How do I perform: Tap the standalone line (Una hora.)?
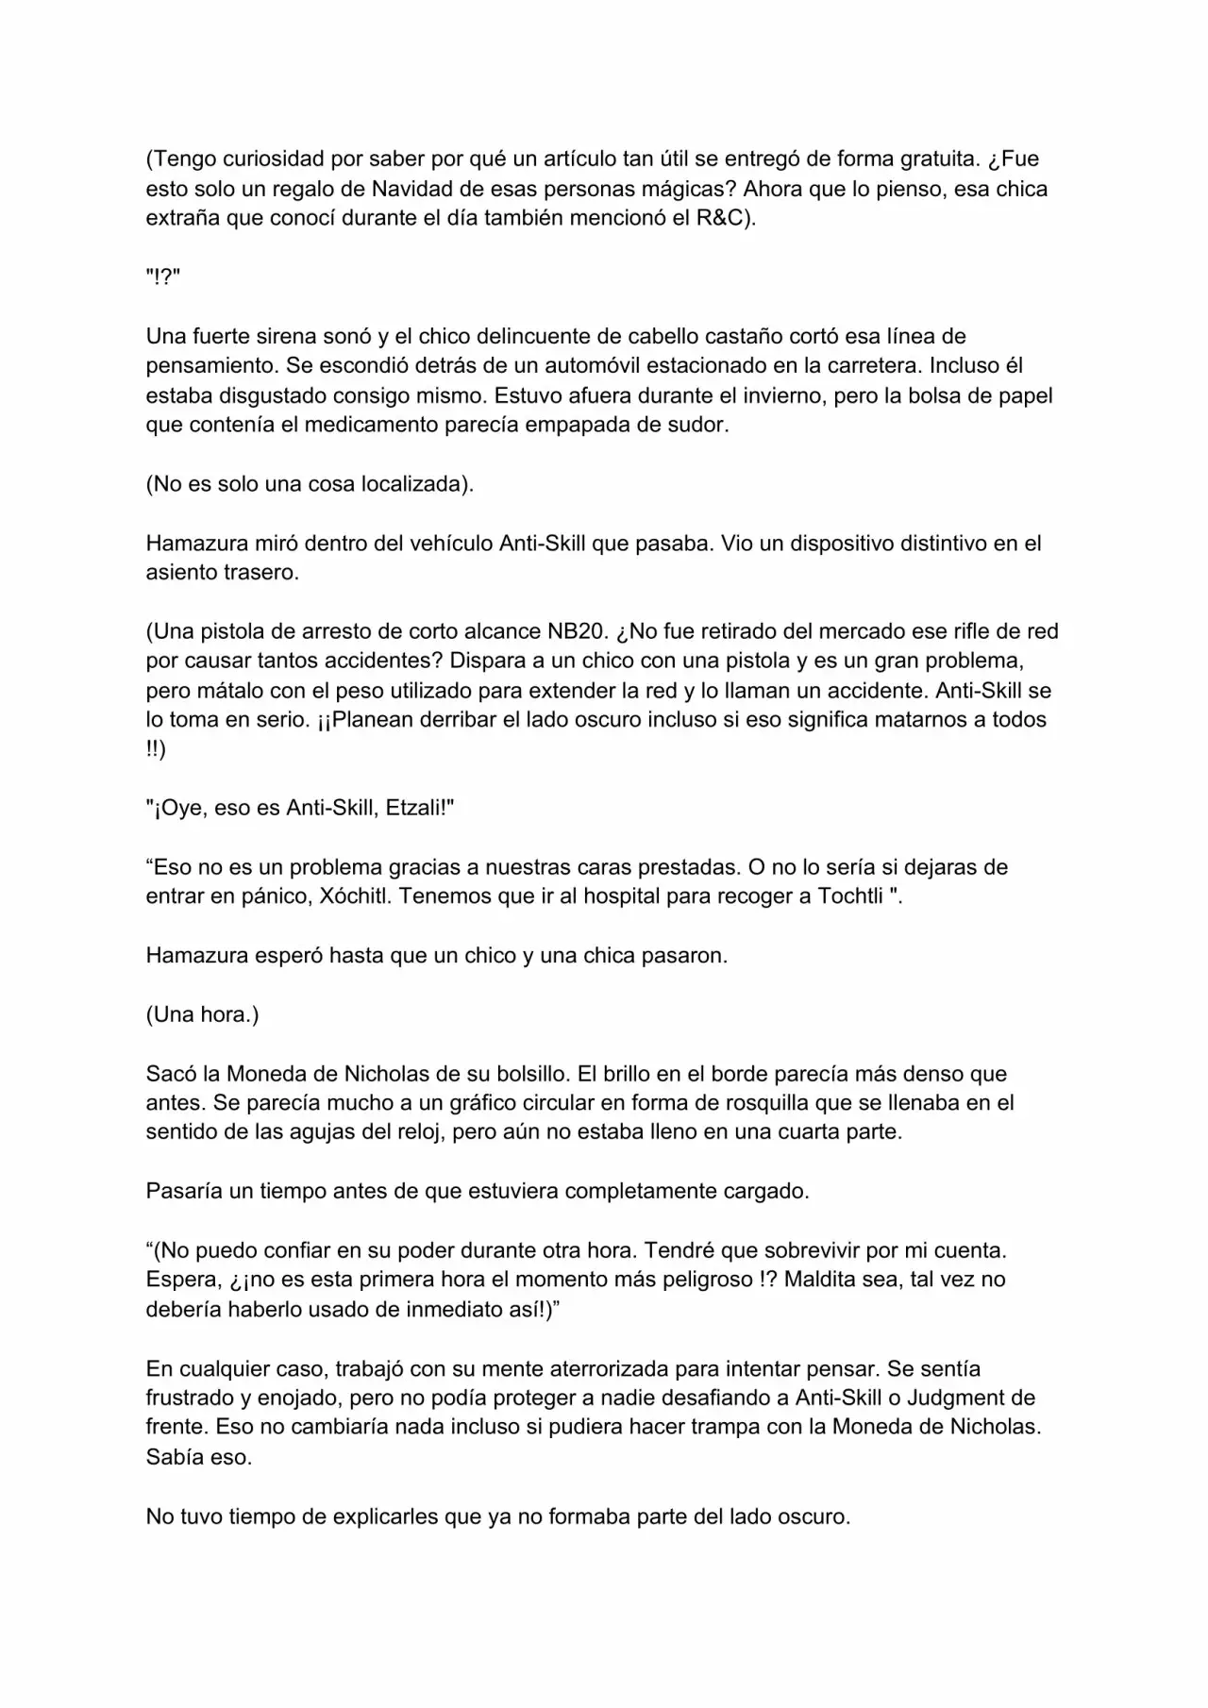(202, 1014)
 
